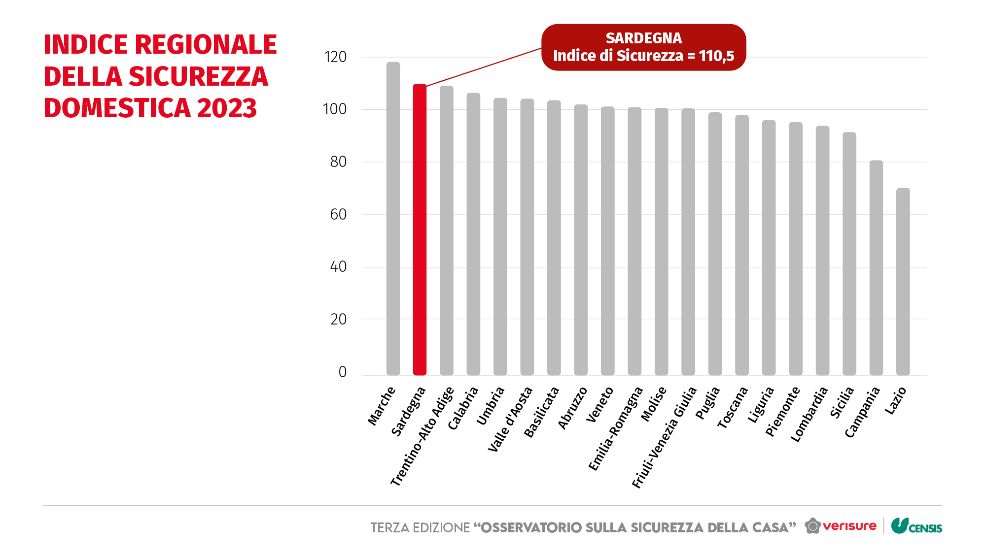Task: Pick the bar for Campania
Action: pyautogui.click(x=876, y=268)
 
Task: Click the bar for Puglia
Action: pyautogui.click(x=715, y=244)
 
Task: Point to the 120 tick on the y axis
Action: pyautogui.click(x=335, y=57)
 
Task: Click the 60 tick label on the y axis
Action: pyautogui.click(x=338, y=215)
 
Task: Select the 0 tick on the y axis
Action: pyautogui.click(x=342, y=372)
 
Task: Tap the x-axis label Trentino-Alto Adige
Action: pyautogui.click(x=422, y=436)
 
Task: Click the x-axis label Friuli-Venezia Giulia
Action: pyautogui.click(x=664, y=437)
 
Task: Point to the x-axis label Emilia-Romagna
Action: pyautogui.click(x=616, y=428)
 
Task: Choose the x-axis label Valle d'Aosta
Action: pyautogui.click(x=510, y=420)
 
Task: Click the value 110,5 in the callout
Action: pyautogui.click(x=716, y=56)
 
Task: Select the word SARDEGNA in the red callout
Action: pyautogui.click(x=643, y=38)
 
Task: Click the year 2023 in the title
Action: pyautogui.click(x=227, y=108)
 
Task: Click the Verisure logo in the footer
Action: pyautogui.click(x=841, y=526)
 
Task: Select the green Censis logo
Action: pyautogui.click(x=916, y=526)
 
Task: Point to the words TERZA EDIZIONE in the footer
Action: pyautogui.click(x=420, y=528)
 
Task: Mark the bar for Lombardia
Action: pyautogui.click(x=822, y=251)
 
